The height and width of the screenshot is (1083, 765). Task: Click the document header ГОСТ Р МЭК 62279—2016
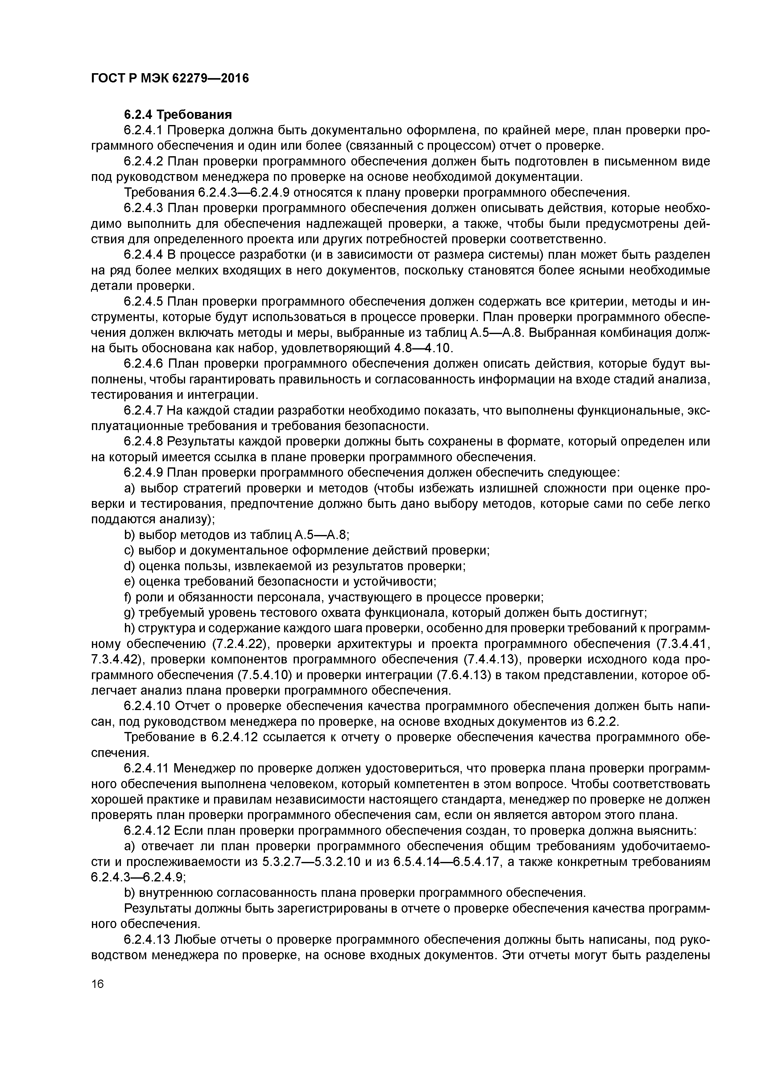(170, 79)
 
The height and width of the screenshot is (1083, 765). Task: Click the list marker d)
(130, 566)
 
